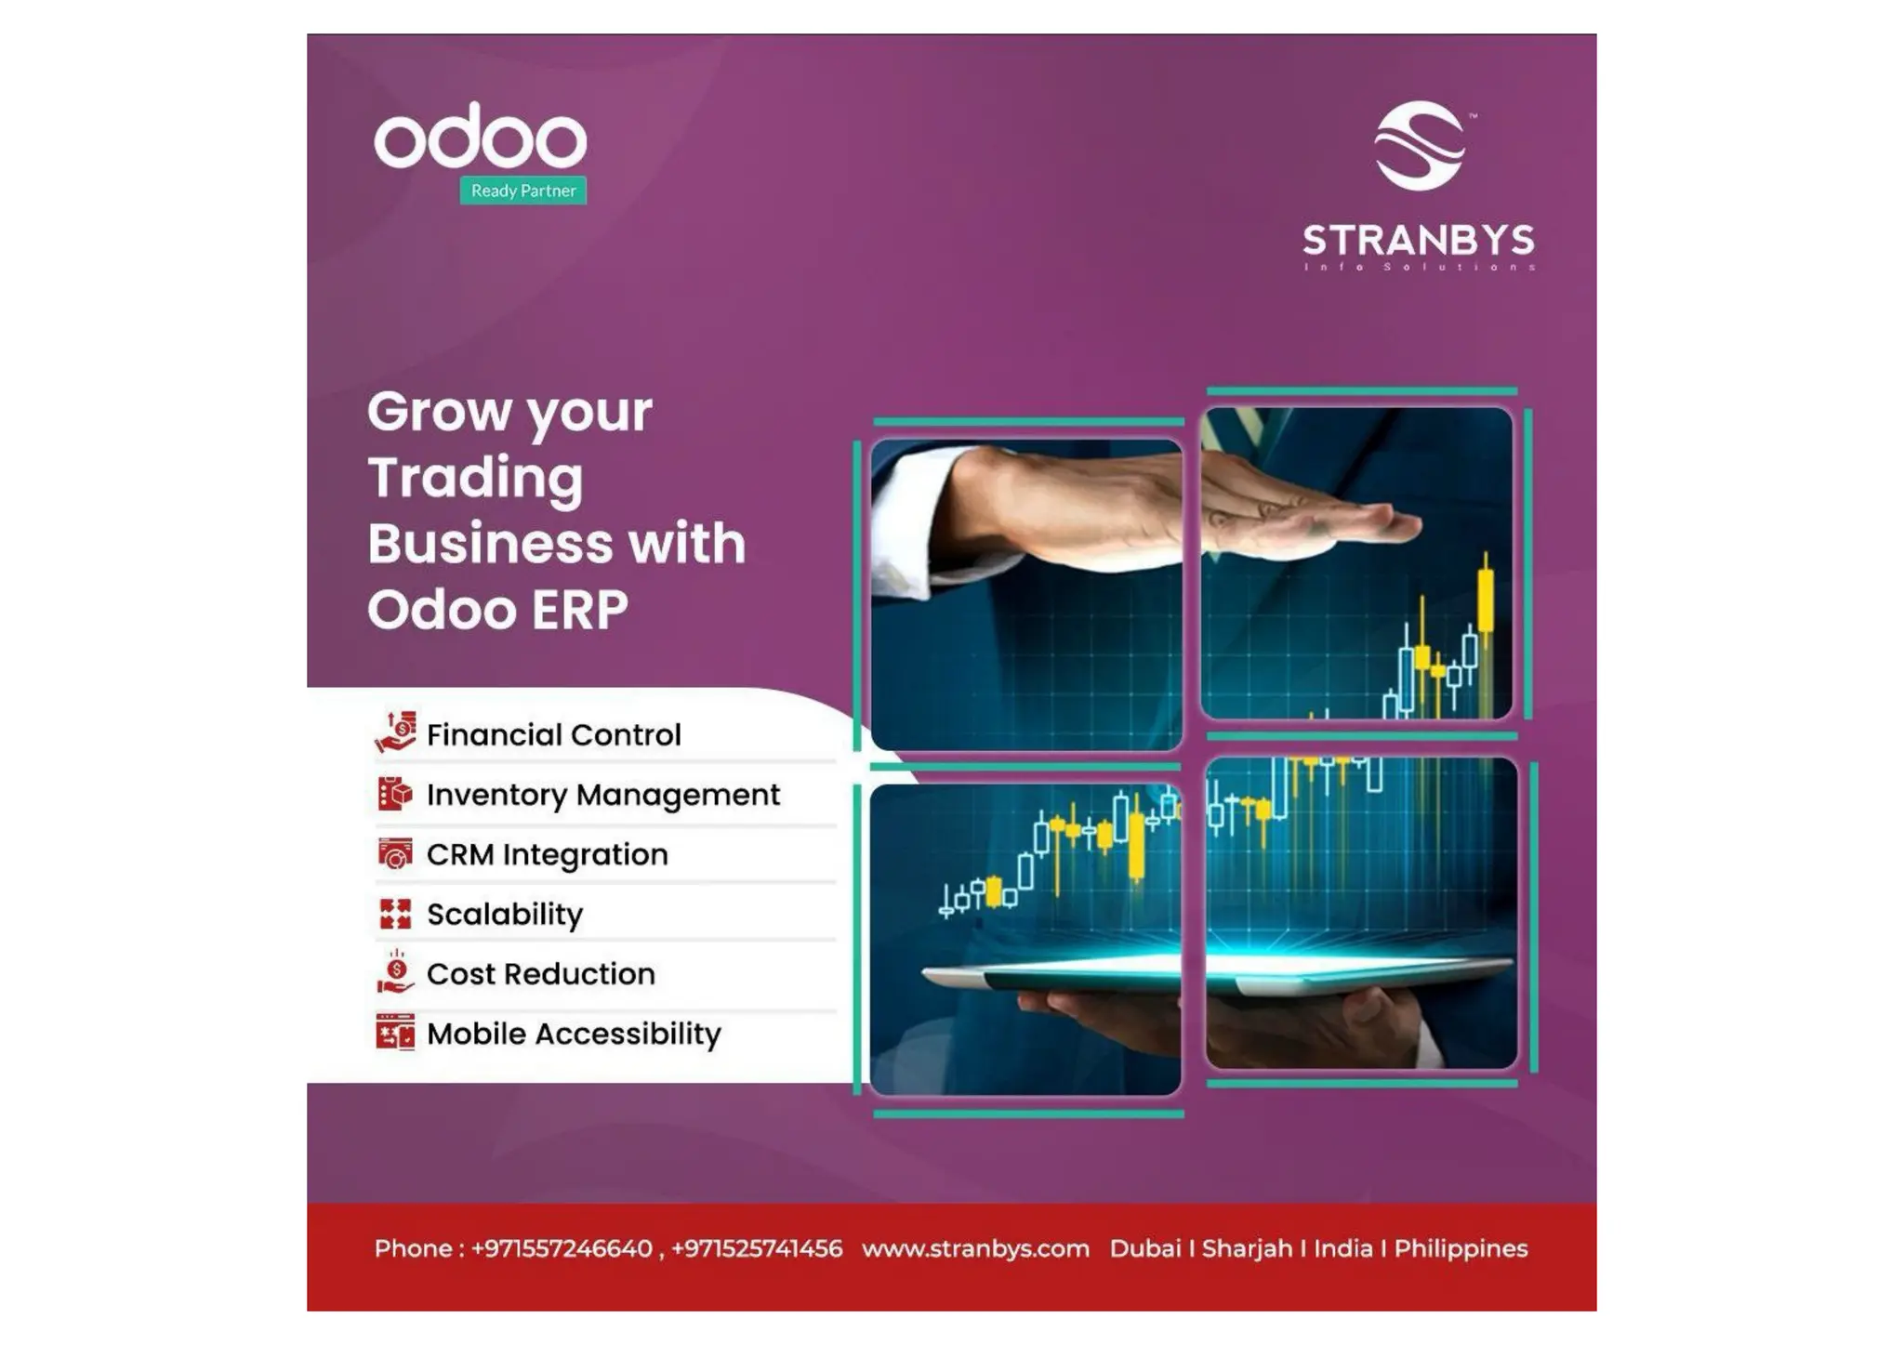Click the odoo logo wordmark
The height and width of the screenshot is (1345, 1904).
(x=480, y=138)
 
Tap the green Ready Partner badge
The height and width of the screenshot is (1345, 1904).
(x=522, y=191)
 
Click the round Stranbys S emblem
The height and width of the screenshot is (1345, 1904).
(x=1419, y=146)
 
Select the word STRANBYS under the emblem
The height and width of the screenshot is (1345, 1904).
(x=1418, y=241)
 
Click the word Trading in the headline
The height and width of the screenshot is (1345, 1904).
(x=475, y=479)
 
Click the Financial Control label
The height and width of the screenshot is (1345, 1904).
(x=553, y=735)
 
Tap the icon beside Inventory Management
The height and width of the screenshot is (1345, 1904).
(x=394, y=794)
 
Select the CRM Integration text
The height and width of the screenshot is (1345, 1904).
(x=547, y=854)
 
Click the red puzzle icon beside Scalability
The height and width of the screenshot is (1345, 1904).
(x=394, y=914)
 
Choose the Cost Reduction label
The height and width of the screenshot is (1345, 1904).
(x=540, y=974)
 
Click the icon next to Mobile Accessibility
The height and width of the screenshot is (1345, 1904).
(x=394, y=1033)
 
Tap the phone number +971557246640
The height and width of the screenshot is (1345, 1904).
(x=562, y=1248)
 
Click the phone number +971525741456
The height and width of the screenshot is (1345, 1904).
(x=757, y=1248)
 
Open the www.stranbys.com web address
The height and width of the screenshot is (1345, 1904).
(x=975, y=1248)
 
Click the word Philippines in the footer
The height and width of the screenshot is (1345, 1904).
(x=1461, y=1248)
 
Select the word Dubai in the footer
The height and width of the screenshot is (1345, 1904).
(x=1144, y=1248)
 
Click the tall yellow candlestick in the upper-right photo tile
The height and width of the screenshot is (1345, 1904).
(x=1485, y=600)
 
